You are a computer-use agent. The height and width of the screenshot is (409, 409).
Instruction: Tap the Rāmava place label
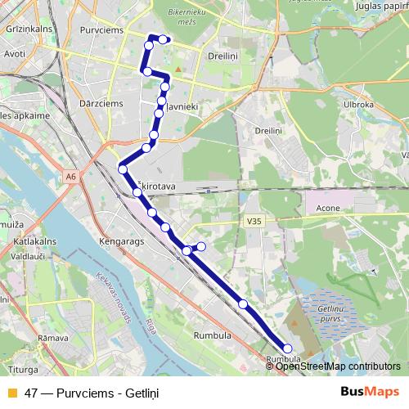52,337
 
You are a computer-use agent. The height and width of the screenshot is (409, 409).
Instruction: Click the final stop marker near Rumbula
287,348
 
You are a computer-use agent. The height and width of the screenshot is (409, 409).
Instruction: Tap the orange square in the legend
11,392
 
